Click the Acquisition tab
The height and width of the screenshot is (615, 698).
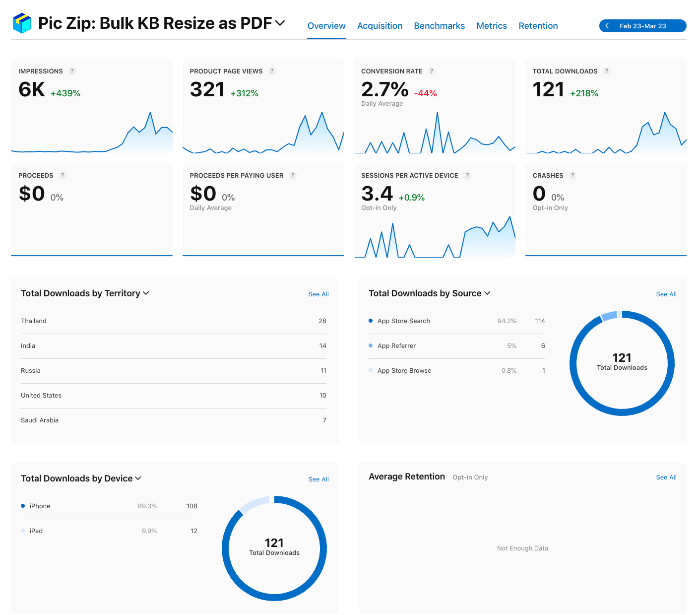(x=380, y=26)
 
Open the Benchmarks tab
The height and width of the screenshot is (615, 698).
(x=439, y=26)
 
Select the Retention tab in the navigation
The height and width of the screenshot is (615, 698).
(x=538, y=26)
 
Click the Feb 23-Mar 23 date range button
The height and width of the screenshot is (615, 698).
(x=642, y=26)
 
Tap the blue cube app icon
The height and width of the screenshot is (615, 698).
(x=22, y=23)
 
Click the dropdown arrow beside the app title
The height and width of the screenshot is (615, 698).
(x=280, y=23)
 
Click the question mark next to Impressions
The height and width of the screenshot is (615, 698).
(x=72, y=71)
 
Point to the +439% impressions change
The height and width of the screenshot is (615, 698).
(x=65, y=93)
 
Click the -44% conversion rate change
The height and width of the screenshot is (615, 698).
(x=425, y=93)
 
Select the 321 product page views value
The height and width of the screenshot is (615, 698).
(x=207, y=90)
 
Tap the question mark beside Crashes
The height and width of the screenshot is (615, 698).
(x=572, y=175)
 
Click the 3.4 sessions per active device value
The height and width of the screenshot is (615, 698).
(x=377, y=194)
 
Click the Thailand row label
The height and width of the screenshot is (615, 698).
(x=34, y=321)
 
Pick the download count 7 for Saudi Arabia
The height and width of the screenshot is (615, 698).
(x=324, y=420)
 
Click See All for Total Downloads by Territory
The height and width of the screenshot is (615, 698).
(x=318, y=294)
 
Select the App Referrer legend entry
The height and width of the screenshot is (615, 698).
(x=396, y=346)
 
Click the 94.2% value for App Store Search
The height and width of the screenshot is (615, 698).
(x=507, y=321)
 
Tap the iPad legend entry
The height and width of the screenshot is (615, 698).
(x=36, y=531)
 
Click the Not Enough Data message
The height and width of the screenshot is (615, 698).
(x=522, y=548)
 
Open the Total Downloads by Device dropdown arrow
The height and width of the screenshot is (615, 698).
(x=138, y=478)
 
